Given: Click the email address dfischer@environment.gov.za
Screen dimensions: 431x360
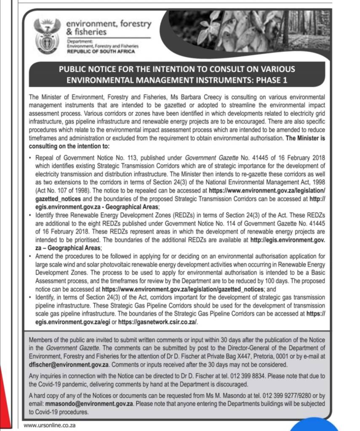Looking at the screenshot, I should click(69, 364).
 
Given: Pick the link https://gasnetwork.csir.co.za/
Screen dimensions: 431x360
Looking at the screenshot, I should click(158, 323).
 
